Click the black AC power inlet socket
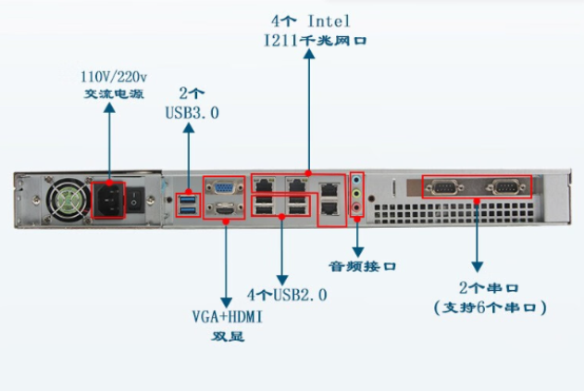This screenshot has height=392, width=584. pos(110,198)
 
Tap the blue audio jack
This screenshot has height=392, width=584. pos(359,181)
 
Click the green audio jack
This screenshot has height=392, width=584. pos(359,195)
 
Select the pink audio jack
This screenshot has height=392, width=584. pos(359,208)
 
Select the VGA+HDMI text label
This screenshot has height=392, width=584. pos(228,317)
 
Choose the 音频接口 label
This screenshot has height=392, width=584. pos(365,265)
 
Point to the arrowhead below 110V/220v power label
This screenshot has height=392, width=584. pos(109,109)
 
